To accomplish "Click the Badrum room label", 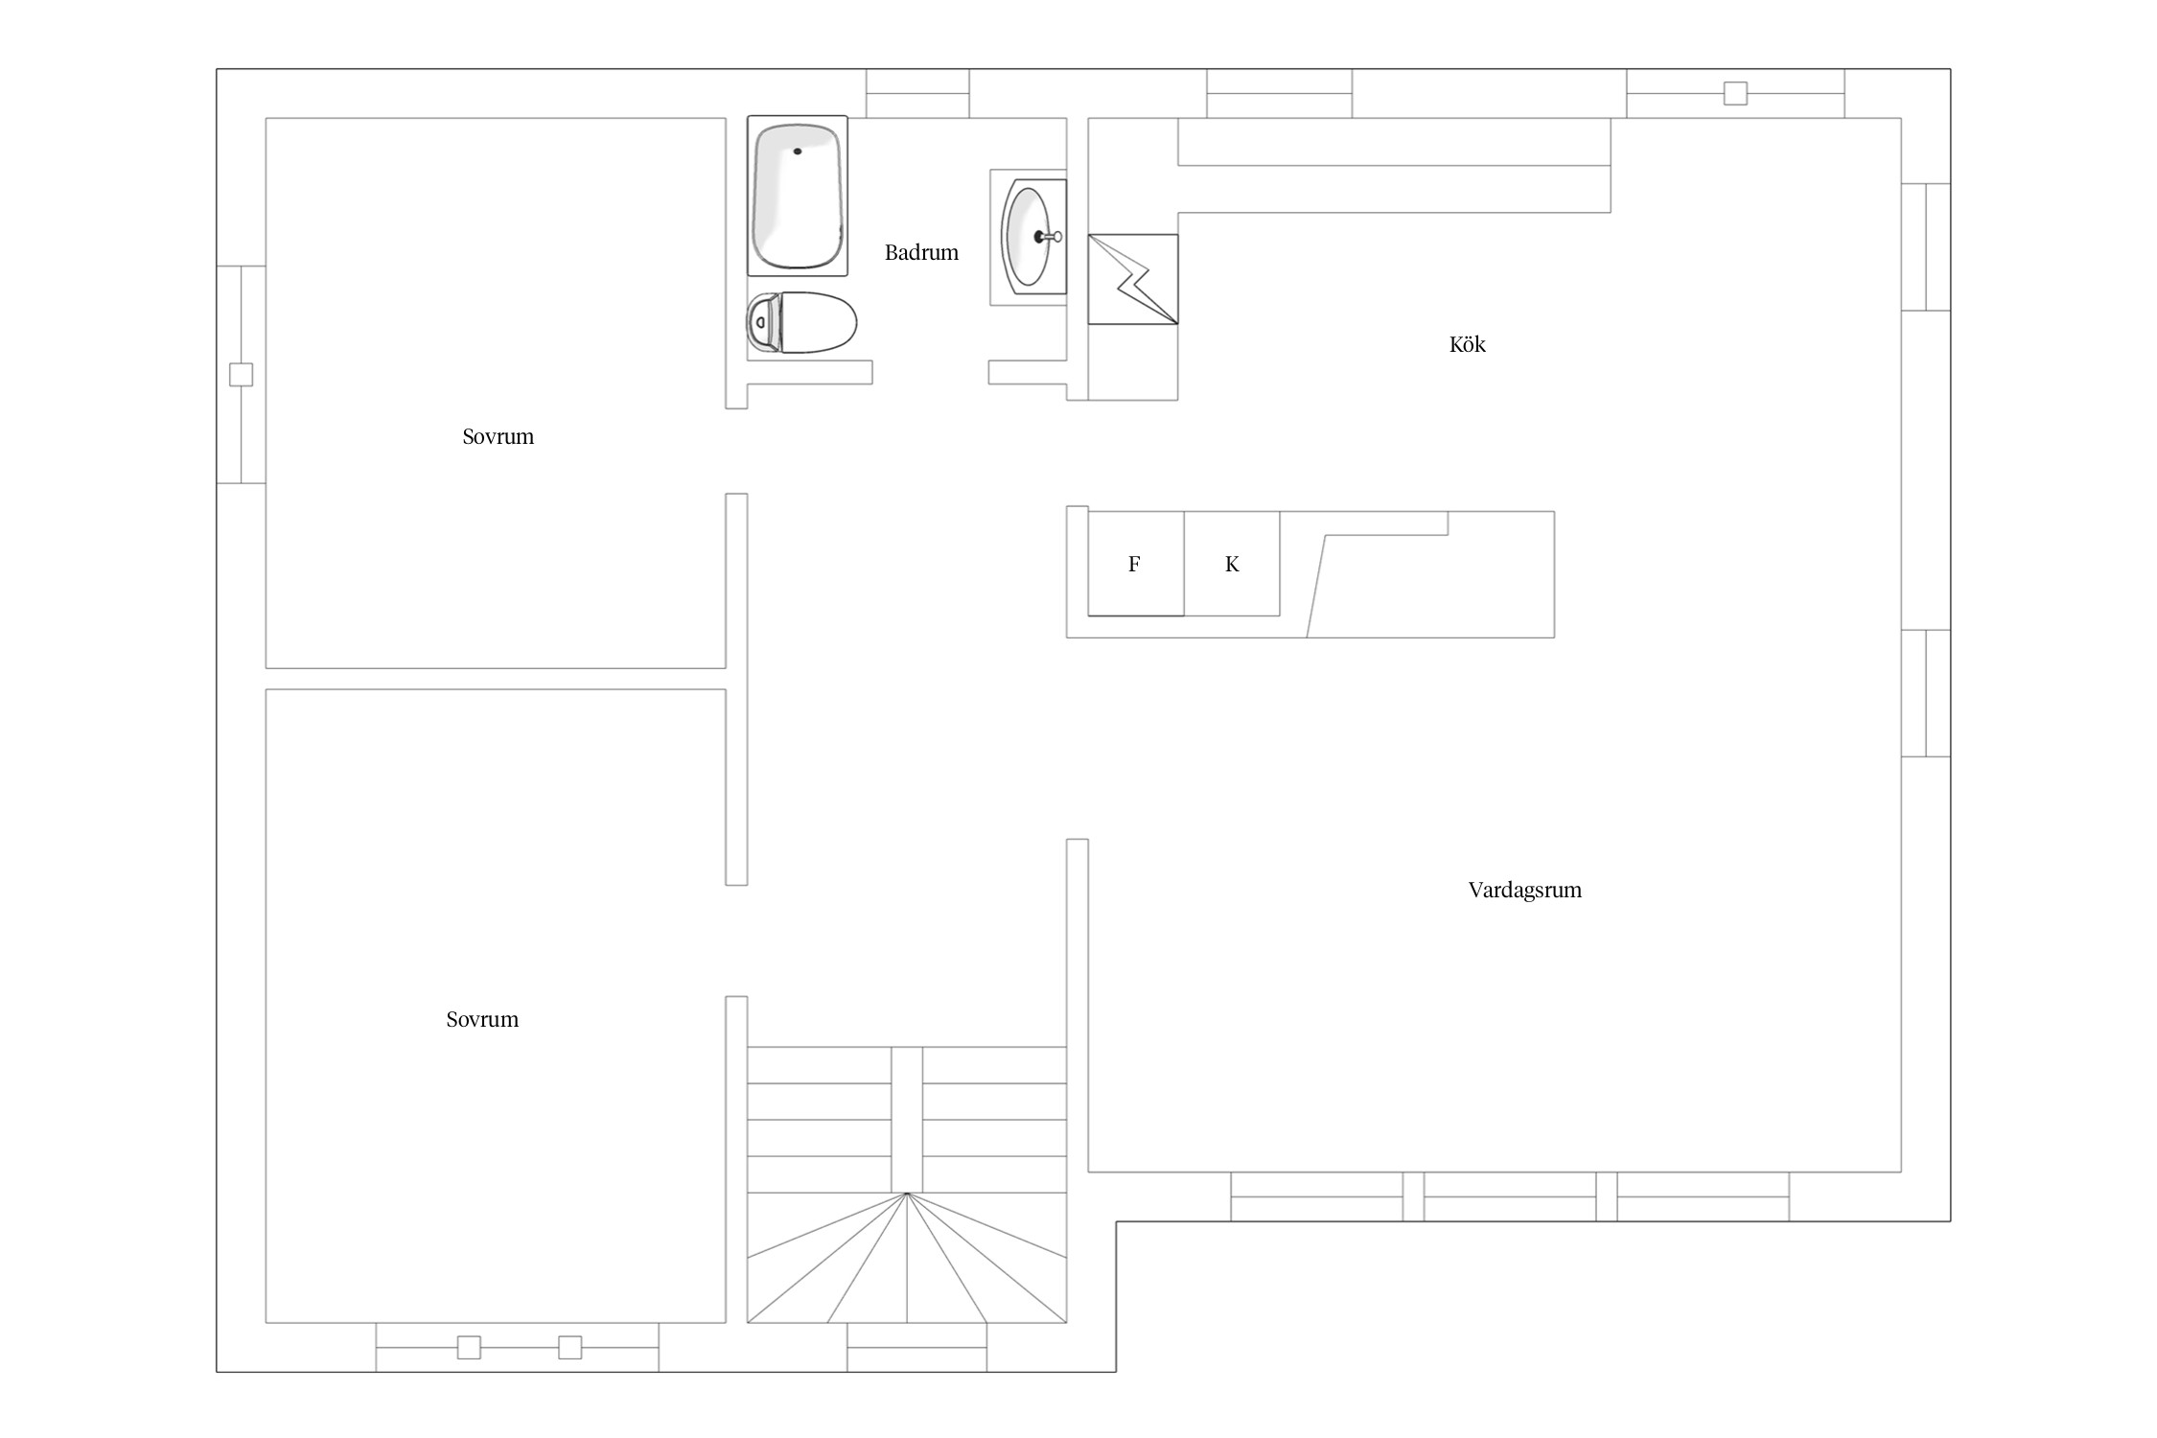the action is (x=921, y=252).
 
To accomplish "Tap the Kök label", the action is (x=1467, y=344).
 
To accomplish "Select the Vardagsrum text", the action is (x=1524, y=890).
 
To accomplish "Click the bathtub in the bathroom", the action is (x=798, y=196).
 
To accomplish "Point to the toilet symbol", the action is (x=801, y=322).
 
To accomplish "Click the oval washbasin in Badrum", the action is (x=1027, y=237).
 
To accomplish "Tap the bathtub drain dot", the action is (x=798, y=151).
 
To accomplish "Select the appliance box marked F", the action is (x=1136, y=564).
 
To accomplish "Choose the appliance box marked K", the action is (x=1232, y=564).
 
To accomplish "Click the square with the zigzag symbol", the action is (x=1133, y=279).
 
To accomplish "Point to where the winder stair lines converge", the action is (x=907, y=1194).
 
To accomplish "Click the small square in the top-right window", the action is (x=1735, y=93).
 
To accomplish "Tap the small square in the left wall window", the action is (x=241, y=374).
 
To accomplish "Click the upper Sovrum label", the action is (x=498, y=437).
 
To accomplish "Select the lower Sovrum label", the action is (x=482, y=1020).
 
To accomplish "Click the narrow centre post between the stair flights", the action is (x=907, y=1120).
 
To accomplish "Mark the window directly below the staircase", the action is (x=917, y=1347).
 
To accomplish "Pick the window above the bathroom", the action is (x=917, y=93).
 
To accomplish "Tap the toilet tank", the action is (x=763, y=322).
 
